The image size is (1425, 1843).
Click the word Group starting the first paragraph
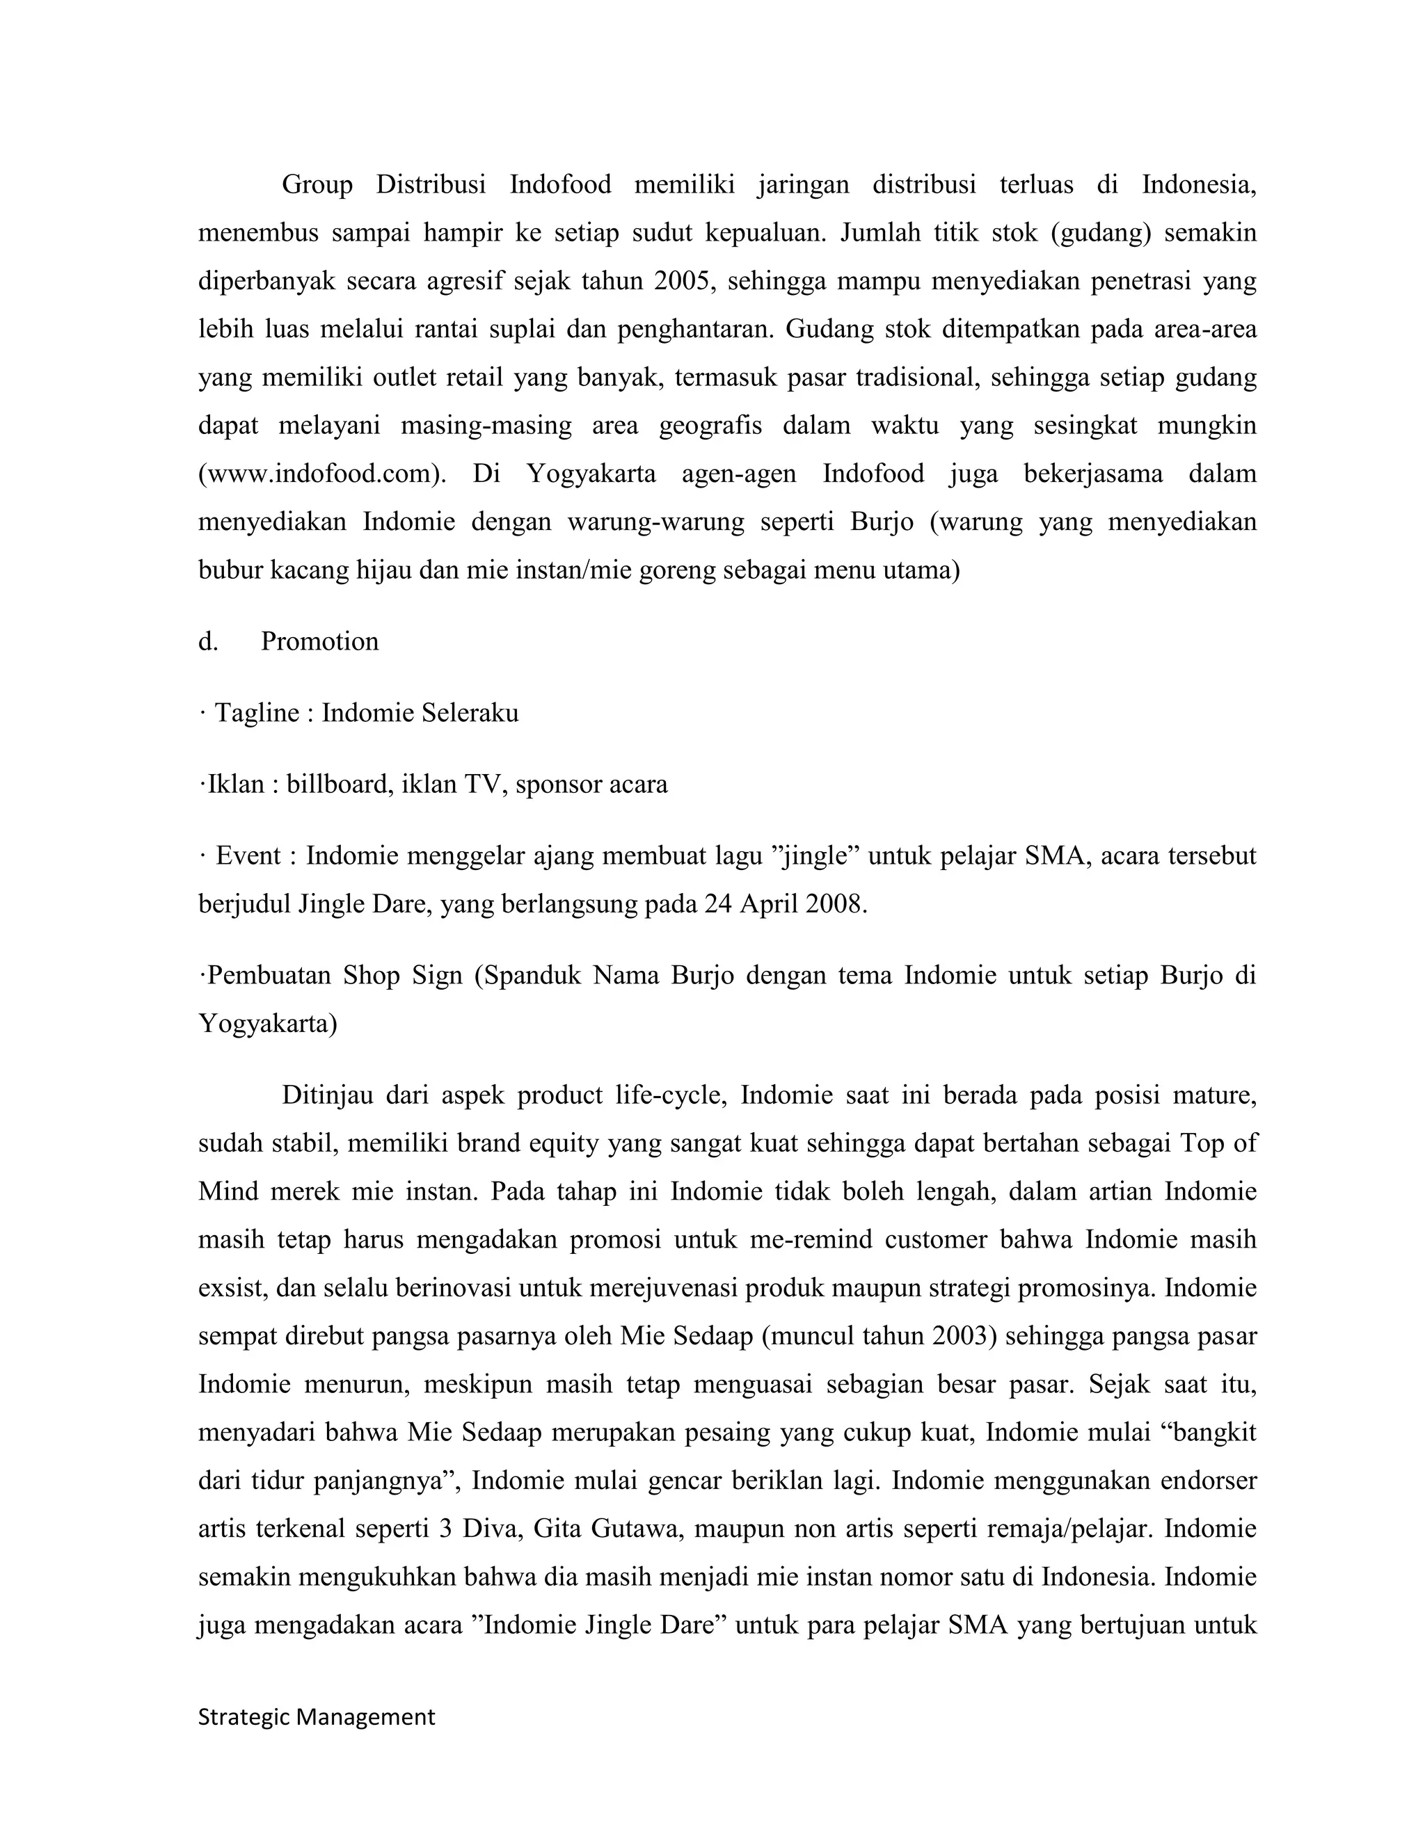click(317, 184)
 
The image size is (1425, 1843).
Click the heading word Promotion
click(319, 641)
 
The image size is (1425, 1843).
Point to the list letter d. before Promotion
click(207, 641)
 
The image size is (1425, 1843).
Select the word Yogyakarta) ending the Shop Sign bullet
click(268, 1024)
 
